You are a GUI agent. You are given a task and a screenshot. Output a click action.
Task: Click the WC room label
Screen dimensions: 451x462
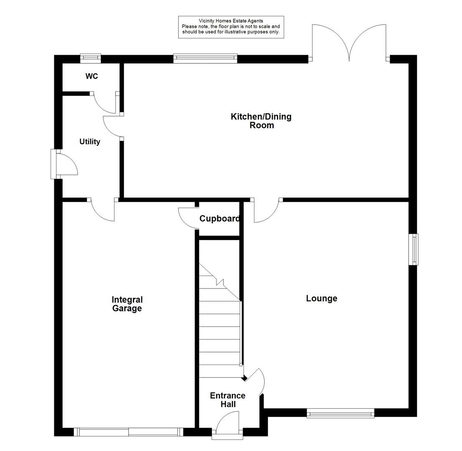click(91, 76)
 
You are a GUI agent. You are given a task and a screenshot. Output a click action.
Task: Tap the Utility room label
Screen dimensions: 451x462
click(90, 142)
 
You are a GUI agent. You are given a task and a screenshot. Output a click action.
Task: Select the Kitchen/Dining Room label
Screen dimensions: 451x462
click(261, 121)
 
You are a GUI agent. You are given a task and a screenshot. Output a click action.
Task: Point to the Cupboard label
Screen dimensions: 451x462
click(219, 219)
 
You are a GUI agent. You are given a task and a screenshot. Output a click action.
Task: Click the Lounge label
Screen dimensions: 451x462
click(322, 299)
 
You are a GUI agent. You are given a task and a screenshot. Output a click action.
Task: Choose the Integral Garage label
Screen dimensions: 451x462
click(127, 304)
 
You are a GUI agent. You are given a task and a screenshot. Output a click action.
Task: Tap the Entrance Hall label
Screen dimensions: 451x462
click(228, 400)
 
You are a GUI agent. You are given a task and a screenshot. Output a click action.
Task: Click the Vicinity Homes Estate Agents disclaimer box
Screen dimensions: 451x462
click(231, 27)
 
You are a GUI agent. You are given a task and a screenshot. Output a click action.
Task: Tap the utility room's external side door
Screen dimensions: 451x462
click(65, 164)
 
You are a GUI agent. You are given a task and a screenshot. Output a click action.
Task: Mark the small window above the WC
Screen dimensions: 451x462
click(91, 58)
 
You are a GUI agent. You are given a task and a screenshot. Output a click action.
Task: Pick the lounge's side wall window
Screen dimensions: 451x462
click(414, 249)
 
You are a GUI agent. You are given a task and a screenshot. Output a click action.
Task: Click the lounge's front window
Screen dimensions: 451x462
click(340, 413)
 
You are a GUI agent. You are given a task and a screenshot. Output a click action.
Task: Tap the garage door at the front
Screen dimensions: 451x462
click(128, 432)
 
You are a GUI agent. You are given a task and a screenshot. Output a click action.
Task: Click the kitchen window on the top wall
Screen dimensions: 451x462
click(205, 58)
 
